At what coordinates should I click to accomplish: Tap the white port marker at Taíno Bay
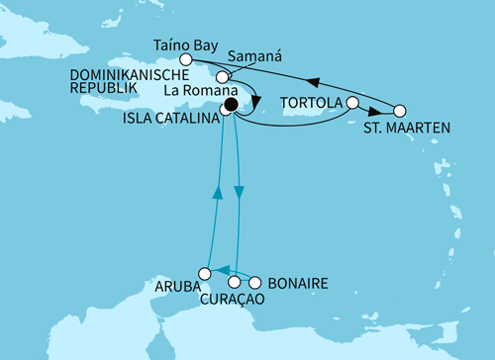185,59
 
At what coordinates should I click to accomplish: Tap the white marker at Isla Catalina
225,112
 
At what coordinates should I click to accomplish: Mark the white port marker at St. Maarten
400,112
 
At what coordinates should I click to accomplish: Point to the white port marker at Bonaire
256,282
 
